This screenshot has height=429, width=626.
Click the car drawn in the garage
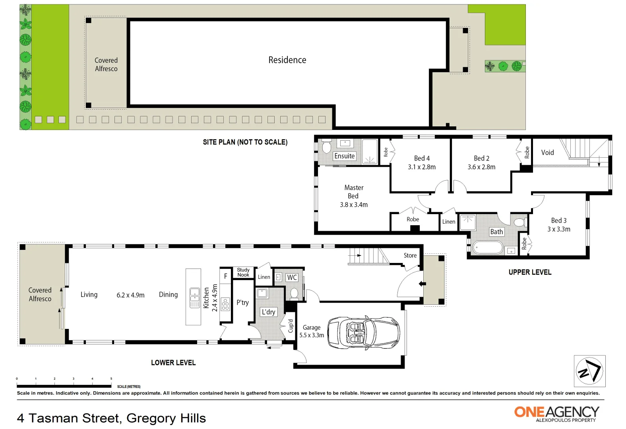(x=363, y=333)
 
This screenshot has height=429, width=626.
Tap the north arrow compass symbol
(x=589, y=371)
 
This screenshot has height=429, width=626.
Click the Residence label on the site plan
(x=287, y=60)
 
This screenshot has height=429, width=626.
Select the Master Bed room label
(x=354, y=191)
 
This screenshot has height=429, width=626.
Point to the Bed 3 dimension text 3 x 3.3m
(x=558, y=229)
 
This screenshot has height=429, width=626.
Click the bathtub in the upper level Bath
(x=488, y=248)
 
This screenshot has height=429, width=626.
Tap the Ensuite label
(x=344, y=156)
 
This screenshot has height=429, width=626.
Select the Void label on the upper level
(x=547, y=153)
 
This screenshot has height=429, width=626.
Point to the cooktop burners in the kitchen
(x=225, y=304)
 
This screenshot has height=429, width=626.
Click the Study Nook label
(x=243, y=272)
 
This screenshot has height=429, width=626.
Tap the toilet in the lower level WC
(x=294, y=293)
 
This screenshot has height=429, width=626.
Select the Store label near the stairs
(x=410, y=255)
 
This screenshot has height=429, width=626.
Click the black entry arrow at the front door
(x=422, y=284)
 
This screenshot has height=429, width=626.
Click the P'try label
(x=242, y=302)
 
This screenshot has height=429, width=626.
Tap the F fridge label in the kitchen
(x=225, y=276)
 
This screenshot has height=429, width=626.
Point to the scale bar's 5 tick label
(x=111, y=379)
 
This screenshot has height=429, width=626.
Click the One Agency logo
(x=556, y=413)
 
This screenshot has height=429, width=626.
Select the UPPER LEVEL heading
(x=530, y=272)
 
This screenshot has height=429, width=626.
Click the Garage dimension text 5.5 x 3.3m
(x=312, y=335)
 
